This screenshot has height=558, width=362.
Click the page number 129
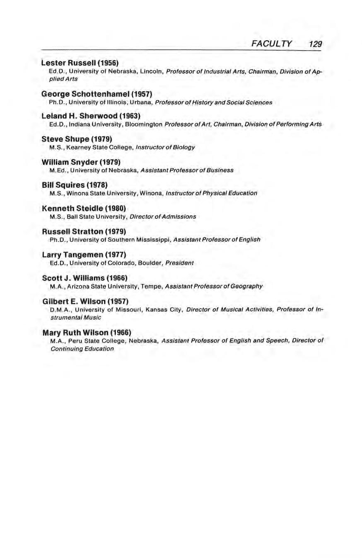(x=315, y=44)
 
